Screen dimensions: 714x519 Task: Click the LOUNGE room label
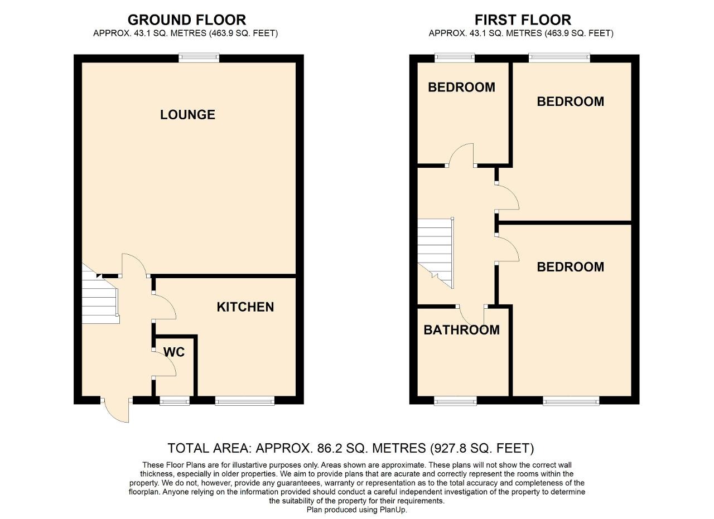point(187,115)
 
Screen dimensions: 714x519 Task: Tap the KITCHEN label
point(245,307)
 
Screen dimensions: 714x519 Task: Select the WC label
point(174,352)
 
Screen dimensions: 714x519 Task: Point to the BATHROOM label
point(461,330)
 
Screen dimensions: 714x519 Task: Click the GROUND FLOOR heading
point(187,20)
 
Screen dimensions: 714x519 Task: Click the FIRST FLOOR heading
point(523,20)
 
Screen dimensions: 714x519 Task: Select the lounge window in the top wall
point(199,58)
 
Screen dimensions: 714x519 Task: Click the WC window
point(175,400)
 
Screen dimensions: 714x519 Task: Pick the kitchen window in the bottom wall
point(245,400)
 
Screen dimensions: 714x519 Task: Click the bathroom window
point(456,400)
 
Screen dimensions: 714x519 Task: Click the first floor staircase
point(436,253)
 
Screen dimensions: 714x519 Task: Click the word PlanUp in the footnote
point(393,510)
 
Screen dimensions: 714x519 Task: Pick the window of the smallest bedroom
point(455,58)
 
